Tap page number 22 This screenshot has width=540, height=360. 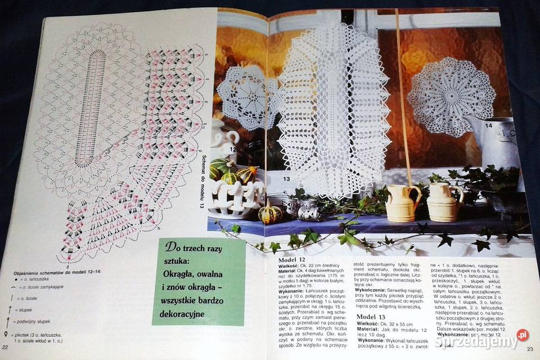pyautogui.click(x=5, y=347)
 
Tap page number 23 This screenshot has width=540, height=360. pyautogui.click(x=529, y=349)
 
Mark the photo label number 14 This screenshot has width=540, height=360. pyautogui.click(x=488, y=125)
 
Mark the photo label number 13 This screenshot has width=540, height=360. pyautogui.click(x=286, y=178)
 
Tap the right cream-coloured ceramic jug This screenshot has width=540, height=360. pyautogui.click(x=445, y=201)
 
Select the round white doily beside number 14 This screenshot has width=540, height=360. pyautogui.click(x=443, y=95)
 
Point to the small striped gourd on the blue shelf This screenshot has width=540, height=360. pyautogui.click(x=268, y=214)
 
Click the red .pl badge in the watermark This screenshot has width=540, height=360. pyautogui.click(x=523, y=335)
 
